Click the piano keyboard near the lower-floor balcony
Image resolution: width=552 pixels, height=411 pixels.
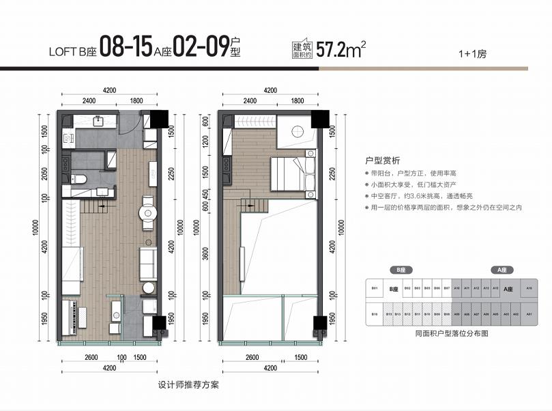[x=72, y=315]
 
